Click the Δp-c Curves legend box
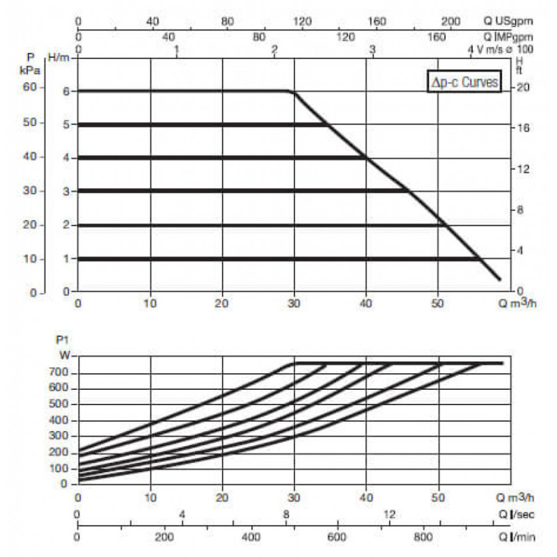click(x=464, y=83)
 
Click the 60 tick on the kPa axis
click(x=30, y=88)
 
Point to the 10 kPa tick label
click(x=30, y=258)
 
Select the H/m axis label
click(x=58, y=56)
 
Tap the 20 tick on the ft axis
click(x=522, y=88)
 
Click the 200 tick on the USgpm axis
click(x=451, y=22)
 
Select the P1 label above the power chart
click(x=61, y=340)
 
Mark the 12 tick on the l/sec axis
click(x=389, y=515)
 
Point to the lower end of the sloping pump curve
click(x=499, y=279)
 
